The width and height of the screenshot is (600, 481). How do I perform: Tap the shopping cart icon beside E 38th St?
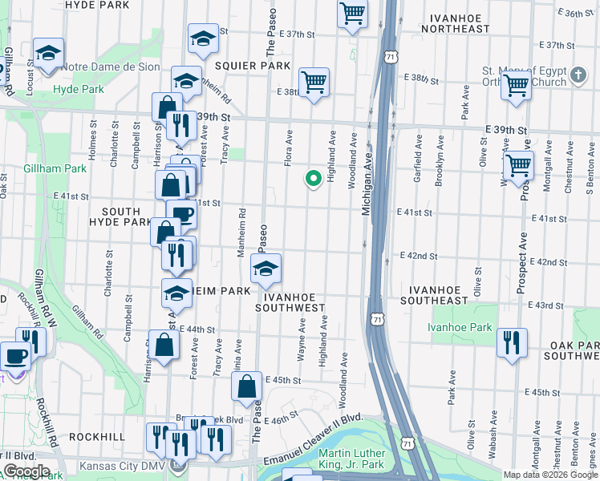coord(314,82)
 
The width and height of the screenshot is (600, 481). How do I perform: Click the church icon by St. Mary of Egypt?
coord(578,76)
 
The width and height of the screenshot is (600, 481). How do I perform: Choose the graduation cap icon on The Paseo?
coord(266,269)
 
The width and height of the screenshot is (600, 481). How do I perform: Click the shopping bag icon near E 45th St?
coord(247,385)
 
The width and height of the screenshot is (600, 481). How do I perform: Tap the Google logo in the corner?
coord(26,471)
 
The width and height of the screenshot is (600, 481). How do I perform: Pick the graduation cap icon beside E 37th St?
coord(203,38)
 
